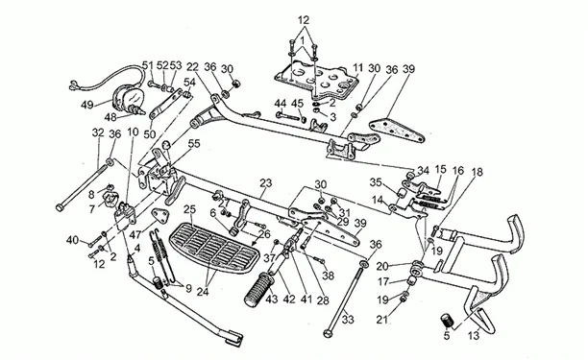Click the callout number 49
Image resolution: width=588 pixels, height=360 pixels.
tap(87, 105)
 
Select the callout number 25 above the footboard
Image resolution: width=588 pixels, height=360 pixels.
tap(190, 210)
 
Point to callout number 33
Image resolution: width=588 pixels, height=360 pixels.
tap(348, 320)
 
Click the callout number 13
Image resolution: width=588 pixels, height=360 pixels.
tap(474, 335)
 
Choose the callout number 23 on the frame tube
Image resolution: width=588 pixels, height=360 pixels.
tap(265, 183)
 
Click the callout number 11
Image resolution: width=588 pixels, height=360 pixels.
tap(358, 68)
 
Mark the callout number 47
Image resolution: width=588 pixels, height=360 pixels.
tap(135, 234)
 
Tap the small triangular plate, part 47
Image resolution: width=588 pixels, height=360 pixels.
tap(159, 215)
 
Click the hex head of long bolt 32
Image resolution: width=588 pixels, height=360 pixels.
tap(59, 207)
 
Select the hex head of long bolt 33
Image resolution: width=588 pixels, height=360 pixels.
tap(328, 333)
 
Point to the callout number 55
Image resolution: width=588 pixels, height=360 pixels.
tap(194, 143)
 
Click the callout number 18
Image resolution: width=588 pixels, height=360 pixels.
tap(478, 172)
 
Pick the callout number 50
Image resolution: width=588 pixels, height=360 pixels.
tap(149, 133)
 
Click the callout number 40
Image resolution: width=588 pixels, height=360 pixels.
tap(73, 239)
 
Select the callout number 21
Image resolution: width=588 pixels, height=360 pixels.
tap(382, 319)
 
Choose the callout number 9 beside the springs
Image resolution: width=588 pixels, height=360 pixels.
tap(188, 288)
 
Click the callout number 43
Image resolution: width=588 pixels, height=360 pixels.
tap(272, 299)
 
